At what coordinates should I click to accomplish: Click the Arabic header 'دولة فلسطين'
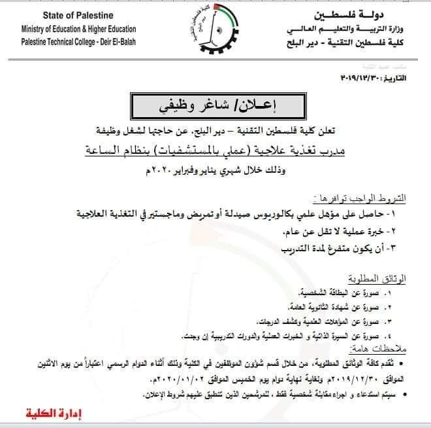(369, 14)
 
